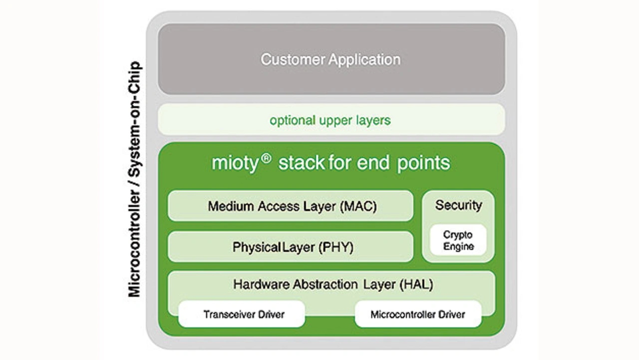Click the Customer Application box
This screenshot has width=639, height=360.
[331, 59]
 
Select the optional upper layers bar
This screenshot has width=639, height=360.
[331, 120]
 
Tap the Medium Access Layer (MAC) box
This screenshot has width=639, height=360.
[291, 206]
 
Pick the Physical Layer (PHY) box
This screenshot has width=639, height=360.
[291, 247]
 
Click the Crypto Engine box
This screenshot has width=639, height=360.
[458, 240]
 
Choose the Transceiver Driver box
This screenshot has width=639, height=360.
[242, 315]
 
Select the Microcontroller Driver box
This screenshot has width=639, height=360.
[418, 315]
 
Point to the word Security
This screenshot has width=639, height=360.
[458, 205]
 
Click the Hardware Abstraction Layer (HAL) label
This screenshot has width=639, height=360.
[332, 285]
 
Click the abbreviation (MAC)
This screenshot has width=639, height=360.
[358, 206]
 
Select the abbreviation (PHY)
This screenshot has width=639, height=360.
[335, 247]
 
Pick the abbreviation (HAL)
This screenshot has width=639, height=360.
[416, 285]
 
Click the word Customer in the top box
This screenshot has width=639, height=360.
[293, 59]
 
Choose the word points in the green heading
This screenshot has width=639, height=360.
[423, 163]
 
